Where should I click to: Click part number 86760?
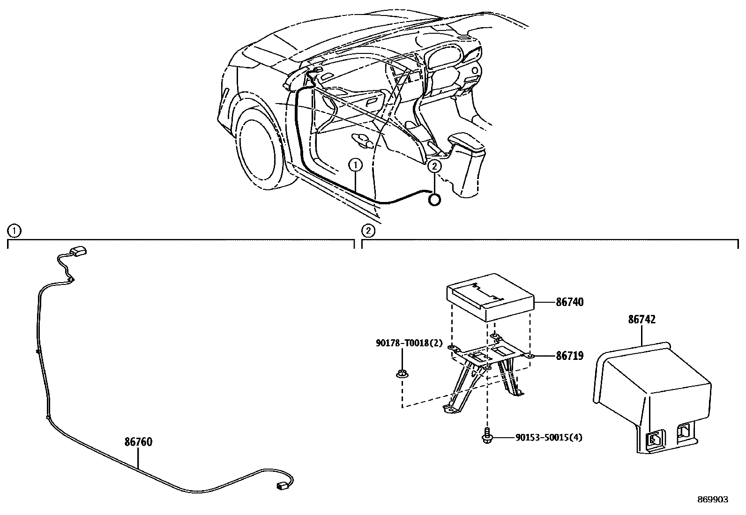(x=138, y=442)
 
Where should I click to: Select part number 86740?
(x=569, y=302)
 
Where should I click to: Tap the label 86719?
(x=569, y=356)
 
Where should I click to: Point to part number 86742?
(x=642, y=320)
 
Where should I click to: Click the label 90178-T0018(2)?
(x=409, y=343)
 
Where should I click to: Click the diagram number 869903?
(x=713, y=500)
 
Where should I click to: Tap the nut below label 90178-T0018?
(x=402, y=374)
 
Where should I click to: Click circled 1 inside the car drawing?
(x=356, y=165)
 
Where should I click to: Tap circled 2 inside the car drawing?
(x=434, y=165)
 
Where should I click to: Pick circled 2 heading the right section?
(x=369, y=231)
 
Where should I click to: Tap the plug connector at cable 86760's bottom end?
(x=283, y=487)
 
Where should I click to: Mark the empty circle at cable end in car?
(x=434, y=199)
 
